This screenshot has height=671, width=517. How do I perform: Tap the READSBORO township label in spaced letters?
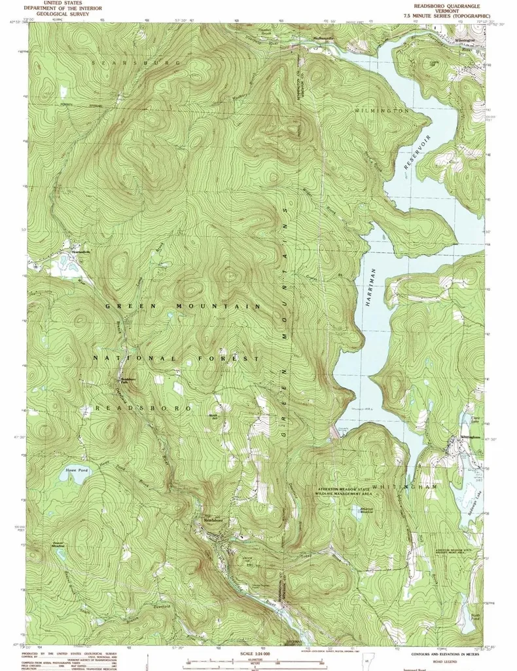(143, 408)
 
